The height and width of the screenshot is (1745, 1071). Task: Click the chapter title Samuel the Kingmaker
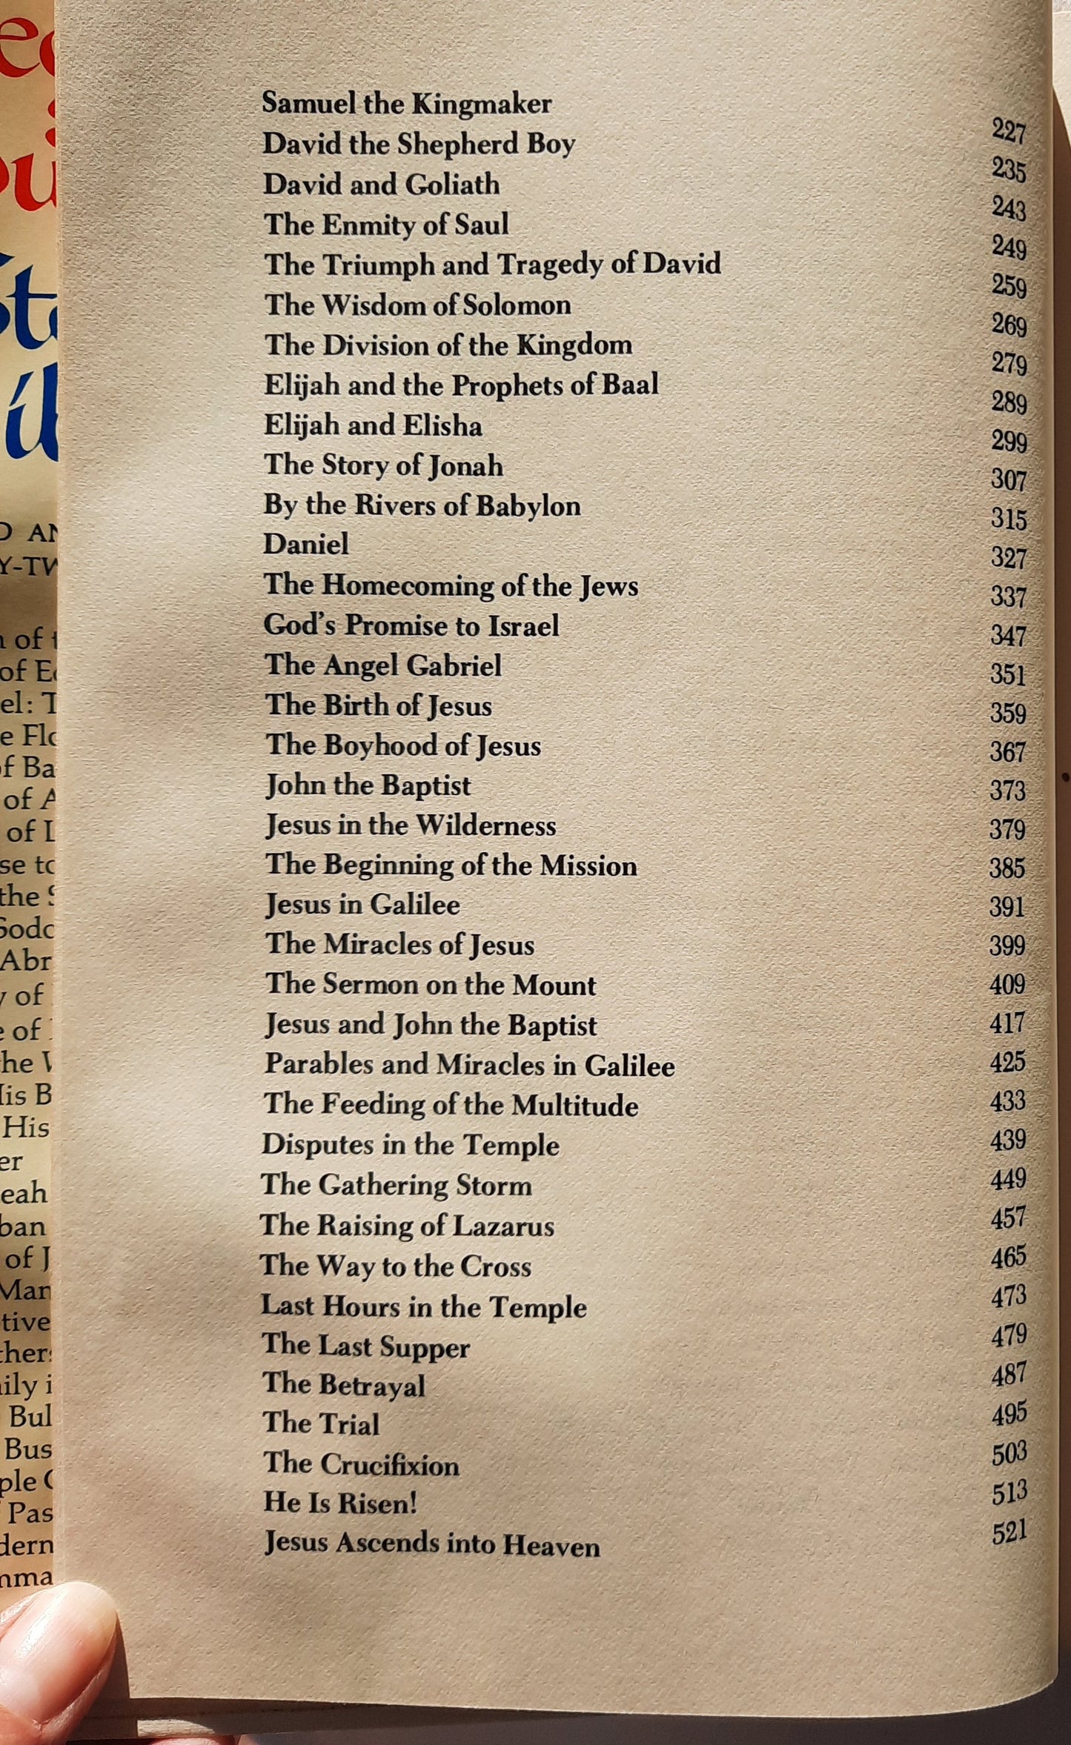click(406, 104)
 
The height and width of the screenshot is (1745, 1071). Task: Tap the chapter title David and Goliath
click(381, 184)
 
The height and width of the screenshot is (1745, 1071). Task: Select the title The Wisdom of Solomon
click(417, 305)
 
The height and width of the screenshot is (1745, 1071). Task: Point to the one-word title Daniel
click(305, 545)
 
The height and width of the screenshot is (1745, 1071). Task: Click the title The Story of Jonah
click(383, 465)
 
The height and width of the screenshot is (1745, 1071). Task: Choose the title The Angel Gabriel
click(383, 665)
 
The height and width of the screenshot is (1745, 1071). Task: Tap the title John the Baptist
click(368, 785)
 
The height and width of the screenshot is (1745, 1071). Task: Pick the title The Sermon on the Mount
click(431, 985)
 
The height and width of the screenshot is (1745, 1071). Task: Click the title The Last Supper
click(366, 1346)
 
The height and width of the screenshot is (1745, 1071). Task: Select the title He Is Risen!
click(340, 1502)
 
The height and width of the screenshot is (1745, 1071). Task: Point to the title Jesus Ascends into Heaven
click(432, 1543)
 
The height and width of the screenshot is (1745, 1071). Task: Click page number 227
click(1009, 131)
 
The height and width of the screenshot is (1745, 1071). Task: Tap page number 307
click(1008, 480)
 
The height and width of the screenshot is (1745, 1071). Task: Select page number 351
click(1007, 674)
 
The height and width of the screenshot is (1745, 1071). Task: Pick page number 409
click(1007, 984)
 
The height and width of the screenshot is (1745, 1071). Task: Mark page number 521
click(1009, 1531)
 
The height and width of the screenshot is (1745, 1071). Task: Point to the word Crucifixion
click(390, 1465)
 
